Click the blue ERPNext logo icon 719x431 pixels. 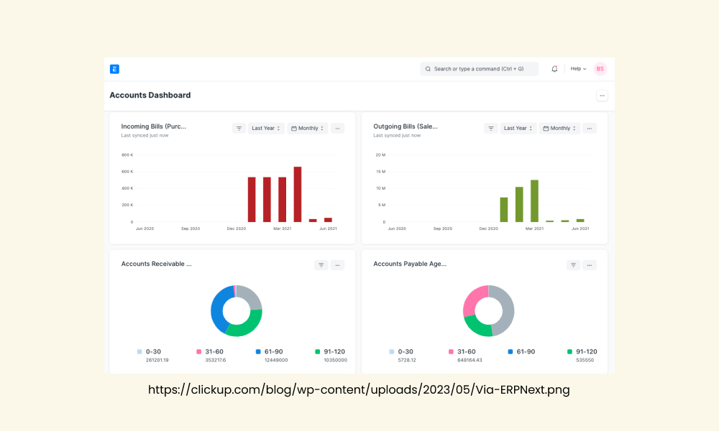pos(114,69)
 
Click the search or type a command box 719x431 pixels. pos(479,69)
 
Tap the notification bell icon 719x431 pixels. pos(554,69)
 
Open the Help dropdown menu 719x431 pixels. pos(578,69)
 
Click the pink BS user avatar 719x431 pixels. pos(600,69)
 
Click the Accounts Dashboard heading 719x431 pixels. pos(150,96)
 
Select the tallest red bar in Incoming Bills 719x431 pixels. pos(298,194)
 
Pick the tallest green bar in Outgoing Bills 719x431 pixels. pos(534,201)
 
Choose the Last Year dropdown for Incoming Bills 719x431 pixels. pos(266,129)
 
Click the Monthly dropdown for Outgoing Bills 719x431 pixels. pos(559,129)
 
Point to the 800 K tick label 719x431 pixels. pos(127,155)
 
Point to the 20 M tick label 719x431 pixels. pos(380,155)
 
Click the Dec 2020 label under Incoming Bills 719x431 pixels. pos(236,228)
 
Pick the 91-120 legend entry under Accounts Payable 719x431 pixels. pos(582,352)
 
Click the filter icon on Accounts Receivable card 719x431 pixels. pos(321,265)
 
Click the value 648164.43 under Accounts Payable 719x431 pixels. pos(470,361)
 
